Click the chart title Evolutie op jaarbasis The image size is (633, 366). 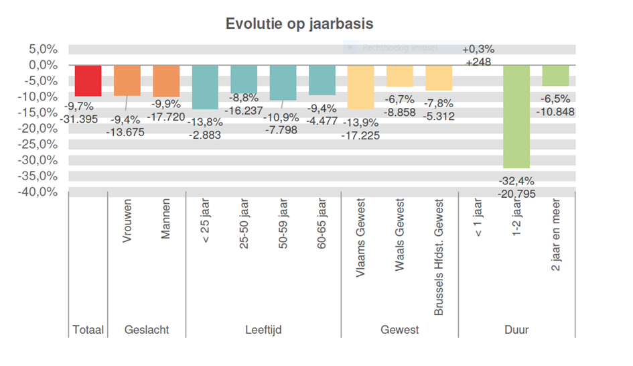coord(299,23)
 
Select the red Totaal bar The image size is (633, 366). coord(88,80)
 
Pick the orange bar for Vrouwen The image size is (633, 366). coord(127,80)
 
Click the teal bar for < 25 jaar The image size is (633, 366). coord(205,87)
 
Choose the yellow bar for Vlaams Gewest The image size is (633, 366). coord(360,87)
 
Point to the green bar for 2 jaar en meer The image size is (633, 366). coord(555,75)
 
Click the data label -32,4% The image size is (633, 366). coord(516,181)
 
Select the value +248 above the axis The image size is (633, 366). coord(478,62)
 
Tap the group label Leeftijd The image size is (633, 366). coord(263,330)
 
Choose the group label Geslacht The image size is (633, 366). coord(147,330)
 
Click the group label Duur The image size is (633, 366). coord(516,330)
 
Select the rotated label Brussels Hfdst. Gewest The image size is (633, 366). coord(439,257)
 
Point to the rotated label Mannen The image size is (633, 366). coord(165,222)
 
